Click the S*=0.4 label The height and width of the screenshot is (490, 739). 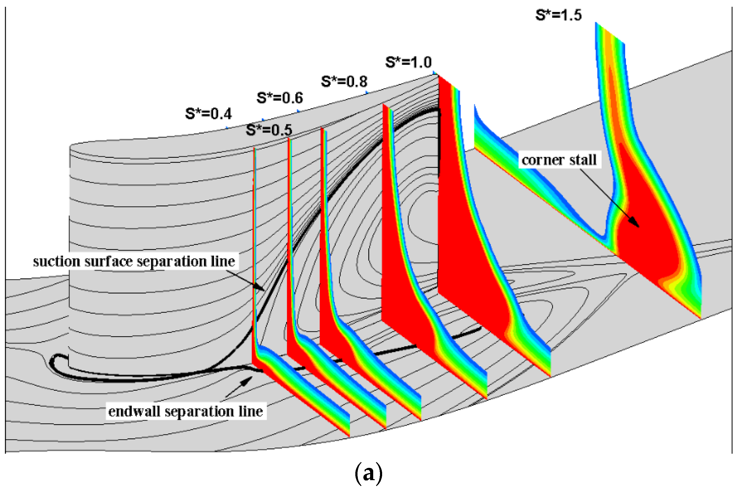point(208,114)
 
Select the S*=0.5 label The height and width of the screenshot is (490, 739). point(269,130)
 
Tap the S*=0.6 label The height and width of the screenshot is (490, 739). point(280,98)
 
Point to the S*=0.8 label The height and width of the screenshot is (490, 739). point(344,82)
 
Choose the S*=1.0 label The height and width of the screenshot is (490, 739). point(408,62)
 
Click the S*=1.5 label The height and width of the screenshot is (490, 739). point(559,15)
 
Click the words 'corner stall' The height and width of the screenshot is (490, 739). point(559,160)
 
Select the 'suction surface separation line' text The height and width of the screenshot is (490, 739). point(134,261)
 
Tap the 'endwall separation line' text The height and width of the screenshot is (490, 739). point(185,411)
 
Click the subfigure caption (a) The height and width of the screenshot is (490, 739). point(369,473)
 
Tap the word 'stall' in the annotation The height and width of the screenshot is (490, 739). point(583,160)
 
